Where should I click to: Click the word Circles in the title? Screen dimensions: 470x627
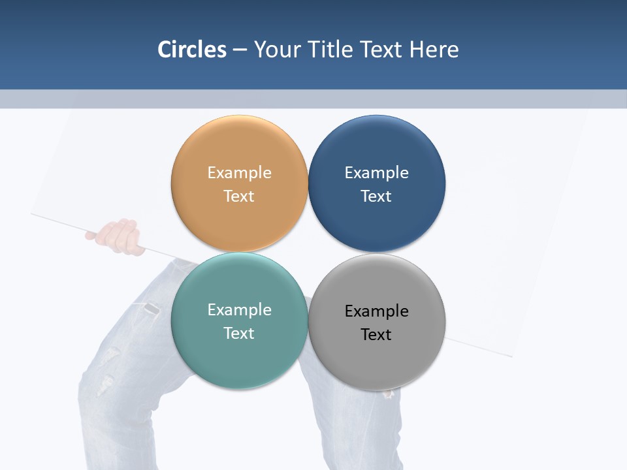192,50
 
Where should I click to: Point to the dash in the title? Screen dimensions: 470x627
240,50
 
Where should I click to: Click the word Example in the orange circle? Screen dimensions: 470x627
239,172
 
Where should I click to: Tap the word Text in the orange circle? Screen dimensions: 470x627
239,196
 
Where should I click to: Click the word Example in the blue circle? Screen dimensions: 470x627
376,172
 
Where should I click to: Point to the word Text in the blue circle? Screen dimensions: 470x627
376,196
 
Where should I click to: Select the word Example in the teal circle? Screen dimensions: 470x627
239,309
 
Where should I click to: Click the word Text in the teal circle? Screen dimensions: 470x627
239,333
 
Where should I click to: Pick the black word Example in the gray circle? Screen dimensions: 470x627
376,311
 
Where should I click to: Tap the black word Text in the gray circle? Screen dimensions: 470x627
376,334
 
